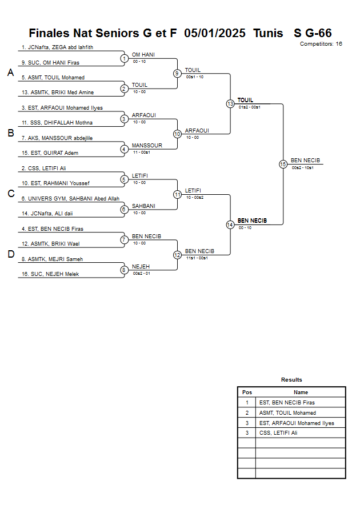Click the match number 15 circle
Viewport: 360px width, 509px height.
point(283,164)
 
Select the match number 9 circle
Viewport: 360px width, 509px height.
point(177,73)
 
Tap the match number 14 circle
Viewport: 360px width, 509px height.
point(230,225)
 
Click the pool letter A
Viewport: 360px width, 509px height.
point(10,73)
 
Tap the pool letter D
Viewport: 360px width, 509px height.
point(10,255)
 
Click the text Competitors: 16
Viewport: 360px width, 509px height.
point(321,43)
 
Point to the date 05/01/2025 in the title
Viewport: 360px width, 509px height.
point(216,33)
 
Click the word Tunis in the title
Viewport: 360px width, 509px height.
point(268,33)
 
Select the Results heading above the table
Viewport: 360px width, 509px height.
point(291,379)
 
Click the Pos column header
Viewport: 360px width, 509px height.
point(247,392)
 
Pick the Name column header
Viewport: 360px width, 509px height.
point(301,392)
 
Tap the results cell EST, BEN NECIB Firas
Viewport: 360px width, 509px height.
point(287,403)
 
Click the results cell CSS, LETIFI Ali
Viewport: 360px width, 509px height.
point(278,433)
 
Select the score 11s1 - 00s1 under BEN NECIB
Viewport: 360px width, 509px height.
point(197,258)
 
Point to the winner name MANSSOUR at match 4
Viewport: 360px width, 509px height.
point(147,145)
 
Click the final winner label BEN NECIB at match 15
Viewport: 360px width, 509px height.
point(305,161)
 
